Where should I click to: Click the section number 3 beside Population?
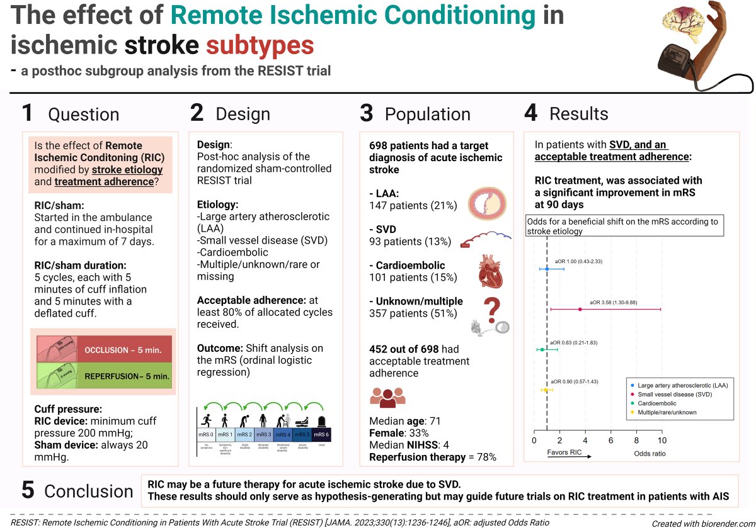click(366, 114)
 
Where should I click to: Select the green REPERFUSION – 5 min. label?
click(127, 376)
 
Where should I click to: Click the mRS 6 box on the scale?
click(321, 434)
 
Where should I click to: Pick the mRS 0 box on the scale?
click(207, 434)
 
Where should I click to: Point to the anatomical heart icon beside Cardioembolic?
click(490, 271)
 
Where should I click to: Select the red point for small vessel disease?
click(580, 309)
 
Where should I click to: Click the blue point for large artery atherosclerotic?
click(547, 269)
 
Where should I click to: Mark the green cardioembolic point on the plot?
click(542, 349)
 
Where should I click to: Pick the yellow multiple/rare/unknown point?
click(546, 390)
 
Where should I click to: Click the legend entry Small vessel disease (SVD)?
click(670, 393)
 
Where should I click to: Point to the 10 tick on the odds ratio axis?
click(661, 441)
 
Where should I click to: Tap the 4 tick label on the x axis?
click(585, 441)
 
